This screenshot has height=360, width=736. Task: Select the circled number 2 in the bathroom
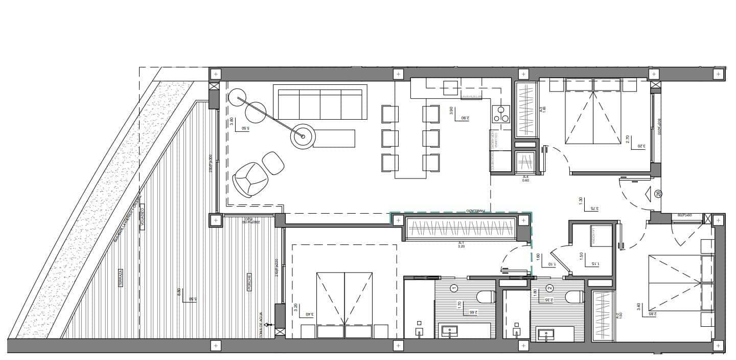(550, 288)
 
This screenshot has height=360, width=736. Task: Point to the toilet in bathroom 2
(575, 297)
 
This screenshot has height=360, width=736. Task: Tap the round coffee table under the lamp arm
(303, 137)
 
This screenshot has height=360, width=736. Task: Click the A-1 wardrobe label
(461, 243)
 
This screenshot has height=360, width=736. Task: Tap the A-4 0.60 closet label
(525, 177)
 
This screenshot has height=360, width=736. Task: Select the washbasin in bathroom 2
(550, 335)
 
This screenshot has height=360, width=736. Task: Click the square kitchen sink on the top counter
(450, 87)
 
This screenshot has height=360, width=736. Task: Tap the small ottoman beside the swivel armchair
(273, 163)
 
